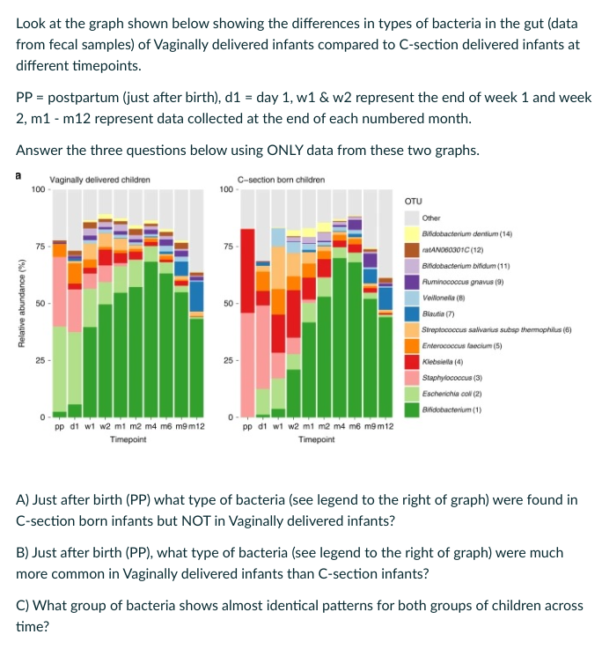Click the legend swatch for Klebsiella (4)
(x=411, y=361)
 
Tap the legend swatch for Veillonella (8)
(x=411, y=297)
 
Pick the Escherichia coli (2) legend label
(x=450, y=393)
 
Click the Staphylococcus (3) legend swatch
(x=411, y=377)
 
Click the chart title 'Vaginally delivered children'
(x=99, y=180)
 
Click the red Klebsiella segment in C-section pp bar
(x=248, y=255)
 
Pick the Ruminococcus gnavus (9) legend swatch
(x=411, y=281)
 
